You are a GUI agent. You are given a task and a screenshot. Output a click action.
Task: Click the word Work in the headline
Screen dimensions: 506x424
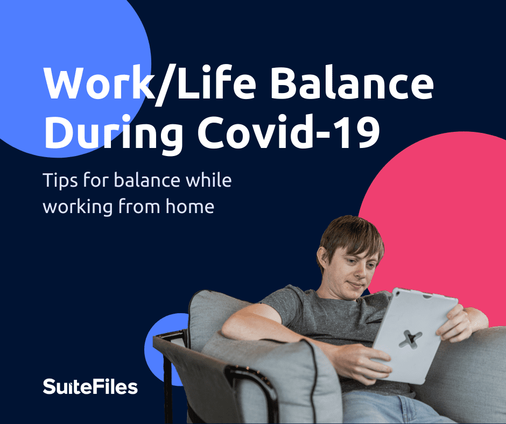tap(99, 83)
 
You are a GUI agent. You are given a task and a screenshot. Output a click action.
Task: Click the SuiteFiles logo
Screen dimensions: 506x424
tap(90, 386)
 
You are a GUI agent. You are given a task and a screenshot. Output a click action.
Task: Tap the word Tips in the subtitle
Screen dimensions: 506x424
tap(60, 180)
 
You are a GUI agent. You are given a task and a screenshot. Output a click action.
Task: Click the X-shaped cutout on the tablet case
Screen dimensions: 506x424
tap(410, 339)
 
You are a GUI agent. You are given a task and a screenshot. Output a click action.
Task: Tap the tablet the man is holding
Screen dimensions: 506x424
tap(414, 336)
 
